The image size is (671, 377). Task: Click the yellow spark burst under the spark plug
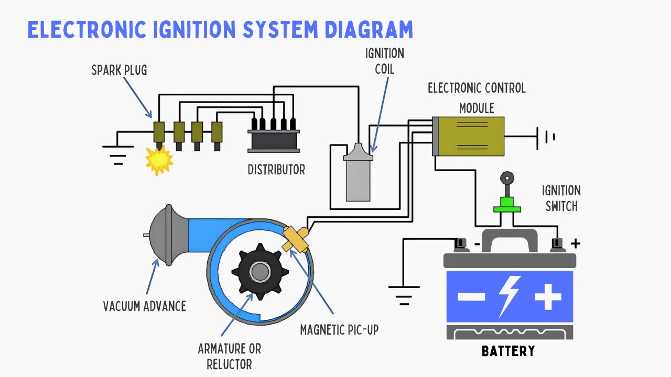click(x=159, y=159)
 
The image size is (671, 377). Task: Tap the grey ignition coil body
click(x=358, y=178)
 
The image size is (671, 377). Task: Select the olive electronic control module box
click(x=471, y=136)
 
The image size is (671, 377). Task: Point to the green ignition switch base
click(x=507, y=205)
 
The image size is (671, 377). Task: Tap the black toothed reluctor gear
click(x=260, y=271)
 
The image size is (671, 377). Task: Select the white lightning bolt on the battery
click(x=509, y=296)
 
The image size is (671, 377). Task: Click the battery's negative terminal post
click(x=461, y=243)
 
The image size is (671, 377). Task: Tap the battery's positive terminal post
click(x=557, y=243)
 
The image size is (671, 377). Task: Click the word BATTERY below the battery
click(x=508, y=351)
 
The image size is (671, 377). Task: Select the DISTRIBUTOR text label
click(x=276, y=170)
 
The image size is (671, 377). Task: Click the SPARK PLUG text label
click(x=119, y=70)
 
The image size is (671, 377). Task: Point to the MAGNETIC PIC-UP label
click(x=339, y=330)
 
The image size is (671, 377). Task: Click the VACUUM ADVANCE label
click(x=144, y=306)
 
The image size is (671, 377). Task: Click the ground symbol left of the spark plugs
click(x=118, y=152)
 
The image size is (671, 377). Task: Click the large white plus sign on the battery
click(x=548, y=297)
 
